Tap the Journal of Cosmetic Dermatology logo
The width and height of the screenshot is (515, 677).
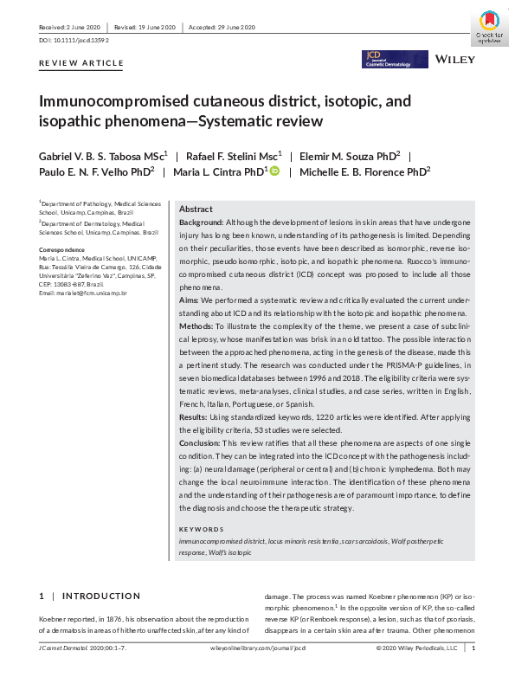click(x=395, y=59)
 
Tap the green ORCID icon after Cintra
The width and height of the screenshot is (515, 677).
click(x=274, y=171)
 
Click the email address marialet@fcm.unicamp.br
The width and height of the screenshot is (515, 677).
click(x=83, y=293)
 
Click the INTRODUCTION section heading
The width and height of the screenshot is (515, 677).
click(x=100, y=596)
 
